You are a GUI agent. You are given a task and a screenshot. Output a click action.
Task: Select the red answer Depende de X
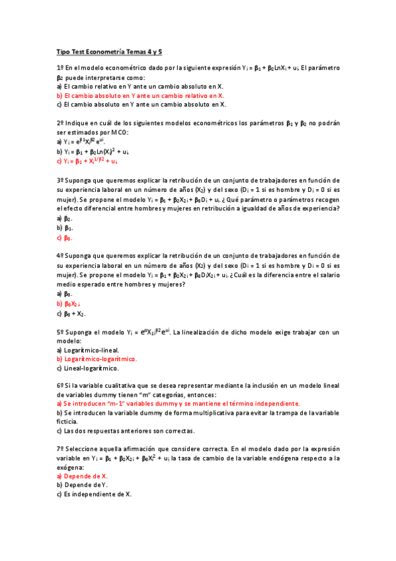pos(82,476)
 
